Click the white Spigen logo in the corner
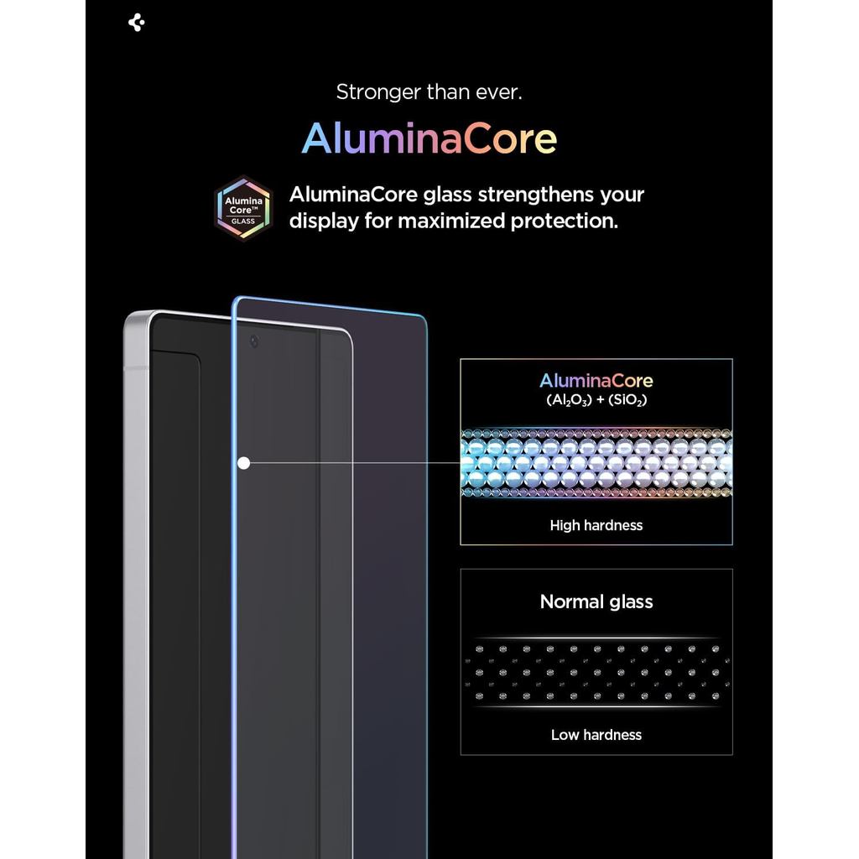click(137, 23)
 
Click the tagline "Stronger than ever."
click(429, 92)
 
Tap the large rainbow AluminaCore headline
click(429, 138)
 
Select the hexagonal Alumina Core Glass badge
click(243, 208)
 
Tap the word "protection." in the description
click(565, 221)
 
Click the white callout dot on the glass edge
click(244, 463)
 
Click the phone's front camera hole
click(253, 341)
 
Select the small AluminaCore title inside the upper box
click(596, 380)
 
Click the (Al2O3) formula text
click(570, 400)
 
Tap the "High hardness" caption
click(596, 525)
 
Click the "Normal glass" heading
click(596, 601)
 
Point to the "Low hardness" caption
click(596, 735)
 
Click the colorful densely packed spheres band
click(596, 463)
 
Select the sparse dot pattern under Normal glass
click(596, 673)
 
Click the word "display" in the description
click(323, 221)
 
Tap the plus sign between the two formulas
click(601, 400)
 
